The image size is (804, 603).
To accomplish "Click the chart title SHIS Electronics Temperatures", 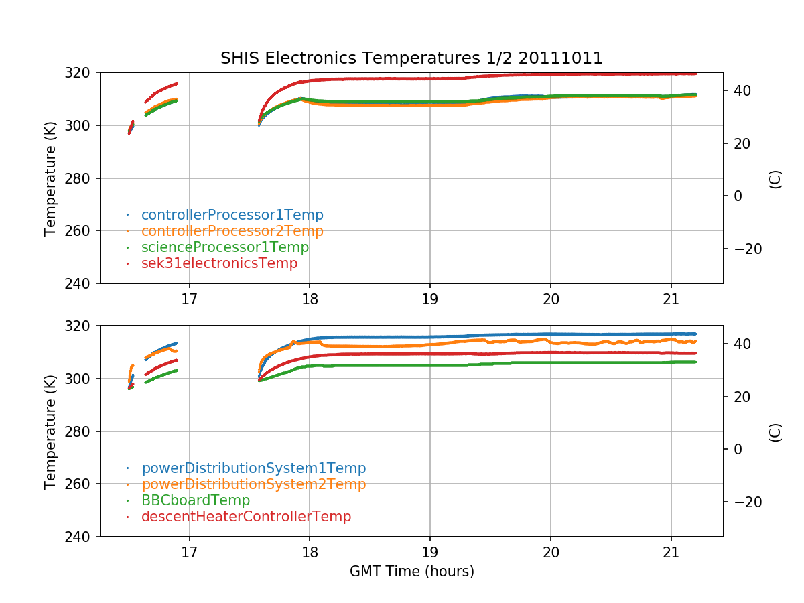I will pos(411,58).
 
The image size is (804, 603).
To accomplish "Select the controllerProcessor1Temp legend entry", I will pos(232,215).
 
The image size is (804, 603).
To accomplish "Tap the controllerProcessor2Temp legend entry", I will pos(232,231).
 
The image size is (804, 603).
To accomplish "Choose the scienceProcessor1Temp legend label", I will pos(224,247).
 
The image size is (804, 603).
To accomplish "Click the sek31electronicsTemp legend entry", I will pos(219,263).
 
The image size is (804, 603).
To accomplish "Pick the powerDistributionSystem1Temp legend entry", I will pos(253,468).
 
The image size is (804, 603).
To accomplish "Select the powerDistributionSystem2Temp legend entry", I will pos(253,484).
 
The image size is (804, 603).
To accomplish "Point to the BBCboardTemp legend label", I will pos(195,500).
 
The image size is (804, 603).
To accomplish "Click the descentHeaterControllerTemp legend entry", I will pos(246,517).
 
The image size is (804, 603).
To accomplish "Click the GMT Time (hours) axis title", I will pos(411,572).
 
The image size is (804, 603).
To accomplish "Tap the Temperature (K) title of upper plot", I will pos(50,178).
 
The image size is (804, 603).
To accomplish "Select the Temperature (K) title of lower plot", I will pos(50,431).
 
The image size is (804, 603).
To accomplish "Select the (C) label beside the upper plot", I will pos(775,178).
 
